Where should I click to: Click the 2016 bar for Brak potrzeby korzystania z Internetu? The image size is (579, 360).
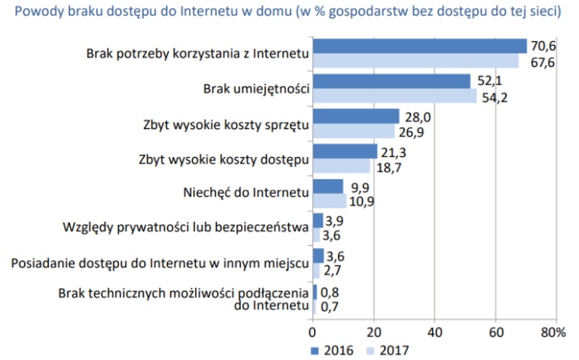click(420, 46)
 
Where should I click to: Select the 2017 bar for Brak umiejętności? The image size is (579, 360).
click(394, 96)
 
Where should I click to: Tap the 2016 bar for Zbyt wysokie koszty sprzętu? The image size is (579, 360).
click(355, 116)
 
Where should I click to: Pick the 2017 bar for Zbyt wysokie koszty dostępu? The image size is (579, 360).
click(341, 166)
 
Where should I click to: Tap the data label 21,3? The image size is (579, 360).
click(392, 152)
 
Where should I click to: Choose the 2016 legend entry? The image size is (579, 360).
click(330, 349)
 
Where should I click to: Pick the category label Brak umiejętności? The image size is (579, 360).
click(256, 89)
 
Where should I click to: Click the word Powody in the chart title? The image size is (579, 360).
click(37, 12)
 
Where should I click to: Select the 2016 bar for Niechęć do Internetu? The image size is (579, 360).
click(327, 186)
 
